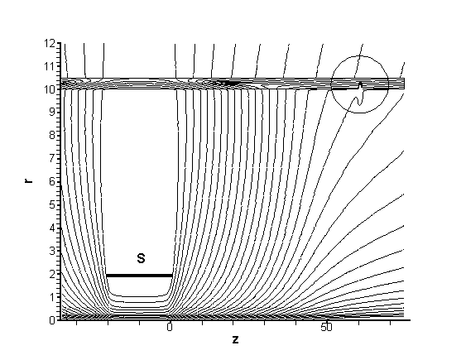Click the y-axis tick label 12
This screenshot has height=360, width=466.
point(50,44)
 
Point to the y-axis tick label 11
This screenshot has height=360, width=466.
point(50,66)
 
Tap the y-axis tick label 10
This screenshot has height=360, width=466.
point(50,89)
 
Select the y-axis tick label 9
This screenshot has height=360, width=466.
point(52,112)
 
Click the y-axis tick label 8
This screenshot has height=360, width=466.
point(52,135)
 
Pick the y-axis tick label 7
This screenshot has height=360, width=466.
point(52,158)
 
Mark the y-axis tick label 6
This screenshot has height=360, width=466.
point(52,181)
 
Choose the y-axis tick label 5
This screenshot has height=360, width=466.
point(52,204)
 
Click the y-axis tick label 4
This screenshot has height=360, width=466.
point(52,228)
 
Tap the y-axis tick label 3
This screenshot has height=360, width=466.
point(52,251)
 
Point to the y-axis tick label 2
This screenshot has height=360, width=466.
point(52,274)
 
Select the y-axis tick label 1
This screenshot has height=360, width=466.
point(52,297)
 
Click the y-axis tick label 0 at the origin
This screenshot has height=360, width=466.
point(52,320)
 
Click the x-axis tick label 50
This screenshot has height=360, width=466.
point(326,328)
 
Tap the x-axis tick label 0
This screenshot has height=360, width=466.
point(170,328)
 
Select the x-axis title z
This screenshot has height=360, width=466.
point(235,339)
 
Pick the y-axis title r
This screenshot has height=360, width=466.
point(29,180)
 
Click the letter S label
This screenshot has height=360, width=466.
point(142,258)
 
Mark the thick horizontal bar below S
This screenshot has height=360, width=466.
point(139,276)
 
